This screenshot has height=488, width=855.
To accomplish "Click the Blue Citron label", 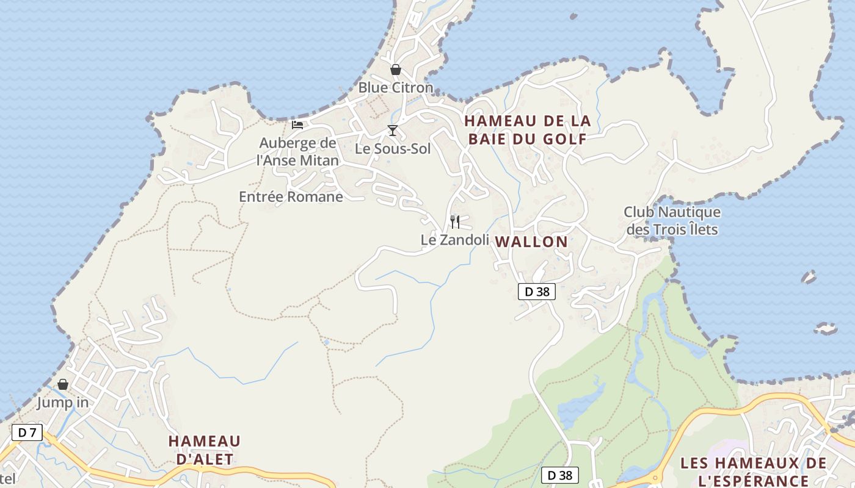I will coord(395,88).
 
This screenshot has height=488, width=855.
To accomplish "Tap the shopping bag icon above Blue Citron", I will coord(396,70).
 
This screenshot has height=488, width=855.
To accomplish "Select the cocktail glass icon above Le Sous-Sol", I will coord(393,131).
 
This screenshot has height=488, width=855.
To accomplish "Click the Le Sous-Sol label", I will coord(393,149).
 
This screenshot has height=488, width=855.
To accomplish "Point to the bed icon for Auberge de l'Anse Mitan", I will coord(297,125).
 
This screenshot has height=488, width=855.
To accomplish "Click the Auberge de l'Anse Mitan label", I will coord(298,152).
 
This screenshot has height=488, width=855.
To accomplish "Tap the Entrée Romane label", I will coord(291,197).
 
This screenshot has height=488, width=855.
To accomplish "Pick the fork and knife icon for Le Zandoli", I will coord(455,221).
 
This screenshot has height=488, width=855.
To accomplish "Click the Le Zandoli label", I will coord(455,240).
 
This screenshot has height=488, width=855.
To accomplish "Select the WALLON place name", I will coord(531,242).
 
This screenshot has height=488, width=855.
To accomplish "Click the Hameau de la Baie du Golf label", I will coord(527,130).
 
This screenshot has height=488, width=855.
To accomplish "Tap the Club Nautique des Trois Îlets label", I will coord(672,221).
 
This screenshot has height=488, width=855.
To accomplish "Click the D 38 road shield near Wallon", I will coord(537,292).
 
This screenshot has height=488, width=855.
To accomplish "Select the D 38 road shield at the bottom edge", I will coord(560,475).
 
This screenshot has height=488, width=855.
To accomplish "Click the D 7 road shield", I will coord(27,433).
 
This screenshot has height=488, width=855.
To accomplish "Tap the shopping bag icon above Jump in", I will coord(63,384).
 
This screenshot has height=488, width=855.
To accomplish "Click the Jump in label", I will coord(63,403).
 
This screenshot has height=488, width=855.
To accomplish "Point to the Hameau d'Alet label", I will coord(205,450).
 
